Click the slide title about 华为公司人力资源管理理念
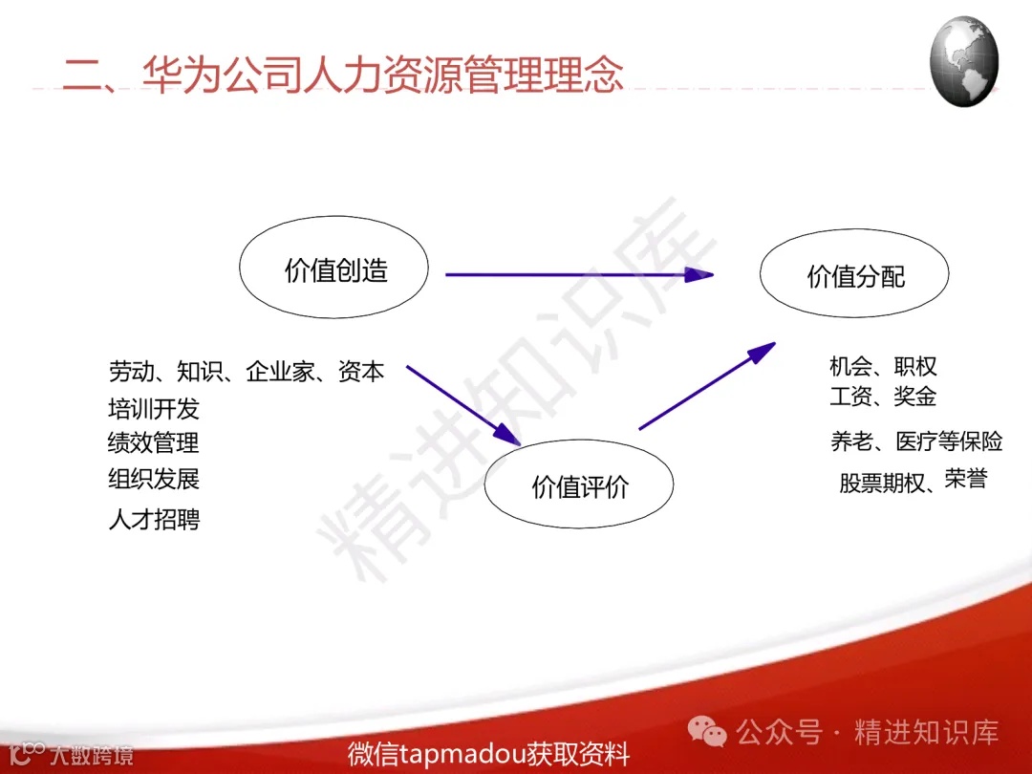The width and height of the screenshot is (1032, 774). coord(343,74)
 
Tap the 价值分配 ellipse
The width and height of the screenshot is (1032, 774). coord(854,276)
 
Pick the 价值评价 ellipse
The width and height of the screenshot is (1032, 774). coord(579,487)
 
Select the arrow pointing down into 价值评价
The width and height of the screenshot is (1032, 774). coord(462,404)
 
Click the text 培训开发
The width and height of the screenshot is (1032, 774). coord(154,410)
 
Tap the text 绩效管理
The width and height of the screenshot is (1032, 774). coord(154,443)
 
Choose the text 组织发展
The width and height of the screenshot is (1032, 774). coord(154,479)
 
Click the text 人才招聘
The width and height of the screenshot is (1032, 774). coord(154,521)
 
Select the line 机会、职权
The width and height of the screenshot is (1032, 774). coord(883,366)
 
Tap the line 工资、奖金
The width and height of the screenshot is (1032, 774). coord(883,396)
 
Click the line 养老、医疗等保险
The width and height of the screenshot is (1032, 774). coord(916,441)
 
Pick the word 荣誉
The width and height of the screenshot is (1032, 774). coord(965,480)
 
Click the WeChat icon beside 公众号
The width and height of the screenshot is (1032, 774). coord(709,733)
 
